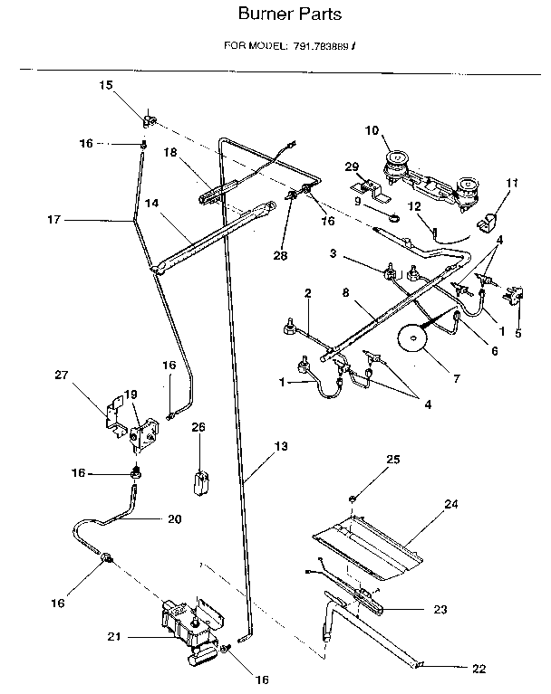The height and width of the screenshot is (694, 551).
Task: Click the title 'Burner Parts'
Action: coord(278,14)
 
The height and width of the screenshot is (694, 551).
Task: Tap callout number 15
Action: coord(105,85)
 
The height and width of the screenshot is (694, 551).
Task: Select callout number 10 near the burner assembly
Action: coord(371,130)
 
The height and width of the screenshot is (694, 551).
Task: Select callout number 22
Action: coord(478,670)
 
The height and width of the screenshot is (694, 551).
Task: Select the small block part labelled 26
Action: coord(199,480)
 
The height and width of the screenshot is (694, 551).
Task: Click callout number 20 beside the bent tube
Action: coord(175,519)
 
